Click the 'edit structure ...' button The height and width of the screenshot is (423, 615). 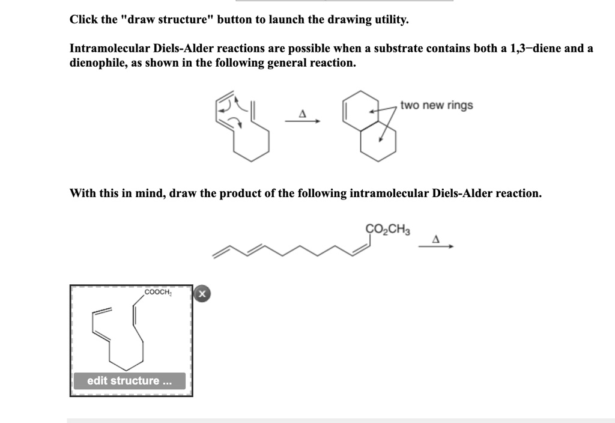point(130,381)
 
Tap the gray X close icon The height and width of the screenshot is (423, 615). point(202,294)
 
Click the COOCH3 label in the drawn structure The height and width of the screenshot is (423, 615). point(158,293)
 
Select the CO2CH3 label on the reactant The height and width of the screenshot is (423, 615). point(387,229)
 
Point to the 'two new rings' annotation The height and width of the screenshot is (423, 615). point(437,106)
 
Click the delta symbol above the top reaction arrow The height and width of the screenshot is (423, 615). point(303,113)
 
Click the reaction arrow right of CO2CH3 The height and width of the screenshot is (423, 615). point(436,246)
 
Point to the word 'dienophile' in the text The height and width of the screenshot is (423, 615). point(97,63)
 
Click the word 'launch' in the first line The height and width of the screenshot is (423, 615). point(286,19)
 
